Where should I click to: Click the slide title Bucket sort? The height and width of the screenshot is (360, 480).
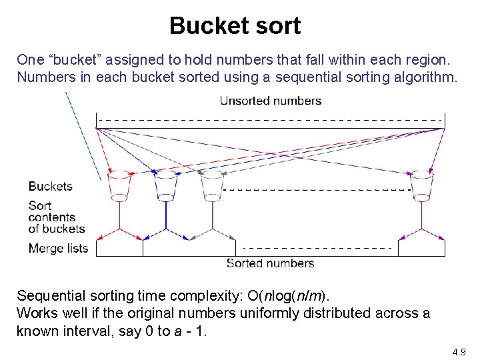(x=235, y=26)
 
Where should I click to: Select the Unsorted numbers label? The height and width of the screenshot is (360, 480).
(x=271, y=101)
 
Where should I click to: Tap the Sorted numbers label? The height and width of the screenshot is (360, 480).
(x=270, y=263)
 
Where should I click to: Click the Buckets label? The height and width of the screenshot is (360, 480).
(x=51, y=186)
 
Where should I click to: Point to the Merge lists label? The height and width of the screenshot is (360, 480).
(x=58, y=249)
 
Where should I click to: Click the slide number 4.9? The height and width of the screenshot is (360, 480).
(x=459, y=351)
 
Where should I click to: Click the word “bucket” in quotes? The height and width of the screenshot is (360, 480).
(x=74, y=59)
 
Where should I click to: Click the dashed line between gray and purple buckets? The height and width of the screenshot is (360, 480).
(x=317, y=190)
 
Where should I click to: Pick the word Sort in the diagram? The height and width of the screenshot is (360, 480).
(x=40, y=205)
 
